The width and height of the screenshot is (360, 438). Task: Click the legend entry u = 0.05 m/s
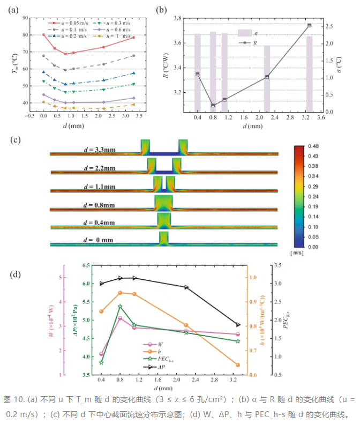(x=68, y=23)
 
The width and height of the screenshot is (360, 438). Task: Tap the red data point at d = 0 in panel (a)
(x=43, y=35)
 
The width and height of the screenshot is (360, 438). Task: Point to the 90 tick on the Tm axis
(x=25, y=18)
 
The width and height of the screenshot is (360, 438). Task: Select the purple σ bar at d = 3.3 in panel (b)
(x=309, y=74)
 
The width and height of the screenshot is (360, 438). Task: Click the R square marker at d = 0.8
(x=213, y=106)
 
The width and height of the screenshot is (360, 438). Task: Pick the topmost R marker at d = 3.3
(x=309, y=25)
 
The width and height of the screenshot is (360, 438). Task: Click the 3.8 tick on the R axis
(x=177, y=18)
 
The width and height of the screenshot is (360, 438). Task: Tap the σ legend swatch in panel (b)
(x=245, y=33)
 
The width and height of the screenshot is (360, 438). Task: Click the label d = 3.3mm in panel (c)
(x=100, y=150)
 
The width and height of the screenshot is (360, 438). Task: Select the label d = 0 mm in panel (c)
(x=98, y=240)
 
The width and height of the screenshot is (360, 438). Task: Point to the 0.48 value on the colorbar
(x=313, y=146)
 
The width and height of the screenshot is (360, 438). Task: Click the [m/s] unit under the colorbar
(x=297, y=253)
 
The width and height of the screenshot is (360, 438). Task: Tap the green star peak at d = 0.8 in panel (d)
(x=121, y=307)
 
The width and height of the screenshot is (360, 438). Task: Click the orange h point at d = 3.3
(x=238, y=365)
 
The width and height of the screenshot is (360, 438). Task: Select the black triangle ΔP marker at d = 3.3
(x=238, y=324)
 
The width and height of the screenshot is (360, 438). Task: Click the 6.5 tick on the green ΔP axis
(x=86, y=265)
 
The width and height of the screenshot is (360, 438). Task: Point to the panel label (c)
(x=16, y=139)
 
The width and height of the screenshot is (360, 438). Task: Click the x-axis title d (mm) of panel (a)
(x=73, y=125)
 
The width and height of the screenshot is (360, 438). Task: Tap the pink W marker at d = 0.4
(x=101, y=354)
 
